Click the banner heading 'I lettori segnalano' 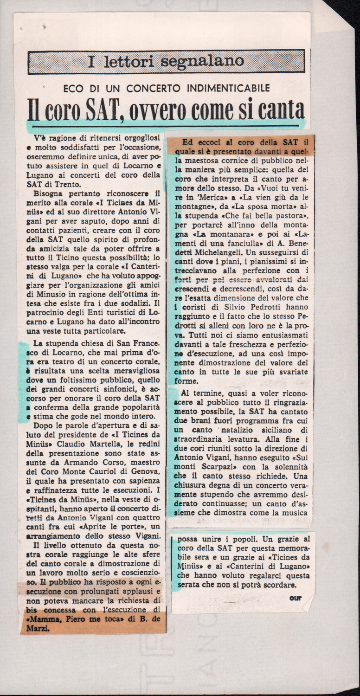[166, 61]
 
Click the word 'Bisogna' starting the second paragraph [49, 194]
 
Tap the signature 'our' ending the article [295, 598]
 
